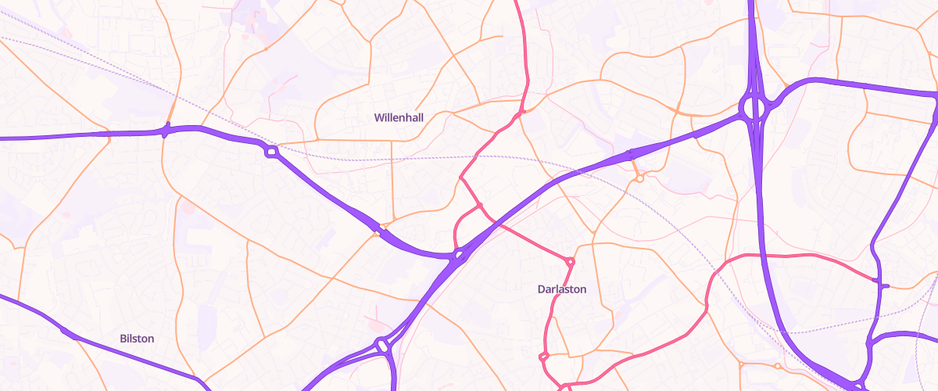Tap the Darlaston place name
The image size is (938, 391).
pos(561,289)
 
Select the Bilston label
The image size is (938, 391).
pos(137,339)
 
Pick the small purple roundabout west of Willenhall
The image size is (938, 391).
pos(271,152)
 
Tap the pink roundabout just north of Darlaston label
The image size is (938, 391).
pos(571,261)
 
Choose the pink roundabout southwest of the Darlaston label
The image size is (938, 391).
pos(544,357)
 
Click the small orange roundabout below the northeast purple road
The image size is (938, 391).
pos(639,179)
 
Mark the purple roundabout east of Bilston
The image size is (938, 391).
pos(382,344)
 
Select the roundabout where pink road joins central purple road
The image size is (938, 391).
pos(459,253)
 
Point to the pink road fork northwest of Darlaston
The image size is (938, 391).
pos(479,206)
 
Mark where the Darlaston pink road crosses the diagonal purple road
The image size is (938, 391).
pos(497,223)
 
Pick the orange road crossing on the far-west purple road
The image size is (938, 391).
pos(166,130)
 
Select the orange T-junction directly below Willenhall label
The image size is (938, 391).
pos(391,141)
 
